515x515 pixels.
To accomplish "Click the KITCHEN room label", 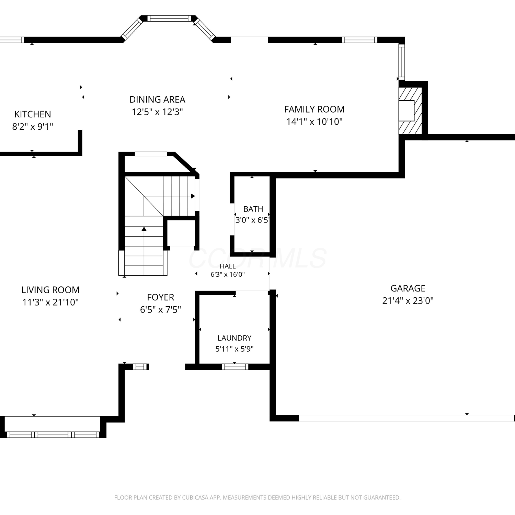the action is pyautogui.click(x=33, y=114).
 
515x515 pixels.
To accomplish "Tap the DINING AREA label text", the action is pyautogui.click(x=157, y=100).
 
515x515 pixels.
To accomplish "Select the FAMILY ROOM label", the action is pyautogui.click(x=314, y=109).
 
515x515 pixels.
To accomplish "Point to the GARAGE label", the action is pyautogui.click(x=408, y=288).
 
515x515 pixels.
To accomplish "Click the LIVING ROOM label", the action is pyautogui.click(x=50, y=290).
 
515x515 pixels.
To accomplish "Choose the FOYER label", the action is pyautogui.click(x=160, y=297).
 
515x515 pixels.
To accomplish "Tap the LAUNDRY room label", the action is pyautogui.click(x=234, y=338).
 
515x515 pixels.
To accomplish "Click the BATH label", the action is pyautogui.click(x=253, y=209).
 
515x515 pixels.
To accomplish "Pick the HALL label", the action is pyautogui.click(x=228, y=266).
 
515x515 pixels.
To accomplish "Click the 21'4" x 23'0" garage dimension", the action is pyautogui.click(x=408, y=301).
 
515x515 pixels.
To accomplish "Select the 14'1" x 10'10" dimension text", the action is pyautogui.click(x=314, y=122).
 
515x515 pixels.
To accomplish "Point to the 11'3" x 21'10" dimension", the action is pyautogui.click(x=50, y=302).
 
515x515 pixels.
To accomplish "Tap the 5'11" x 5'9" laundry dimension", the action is pyautogui.click(x=234, y=349).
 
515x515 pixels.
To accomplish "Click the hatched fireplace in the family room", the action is pyautogui.click(x=410, y=111).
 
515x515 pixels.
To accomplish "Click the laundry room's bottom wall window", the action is pyautogui.click(x=235, y=367).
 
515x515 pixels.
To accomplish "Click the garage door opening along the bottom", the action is pyautogui.click(x=407, y=418).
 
